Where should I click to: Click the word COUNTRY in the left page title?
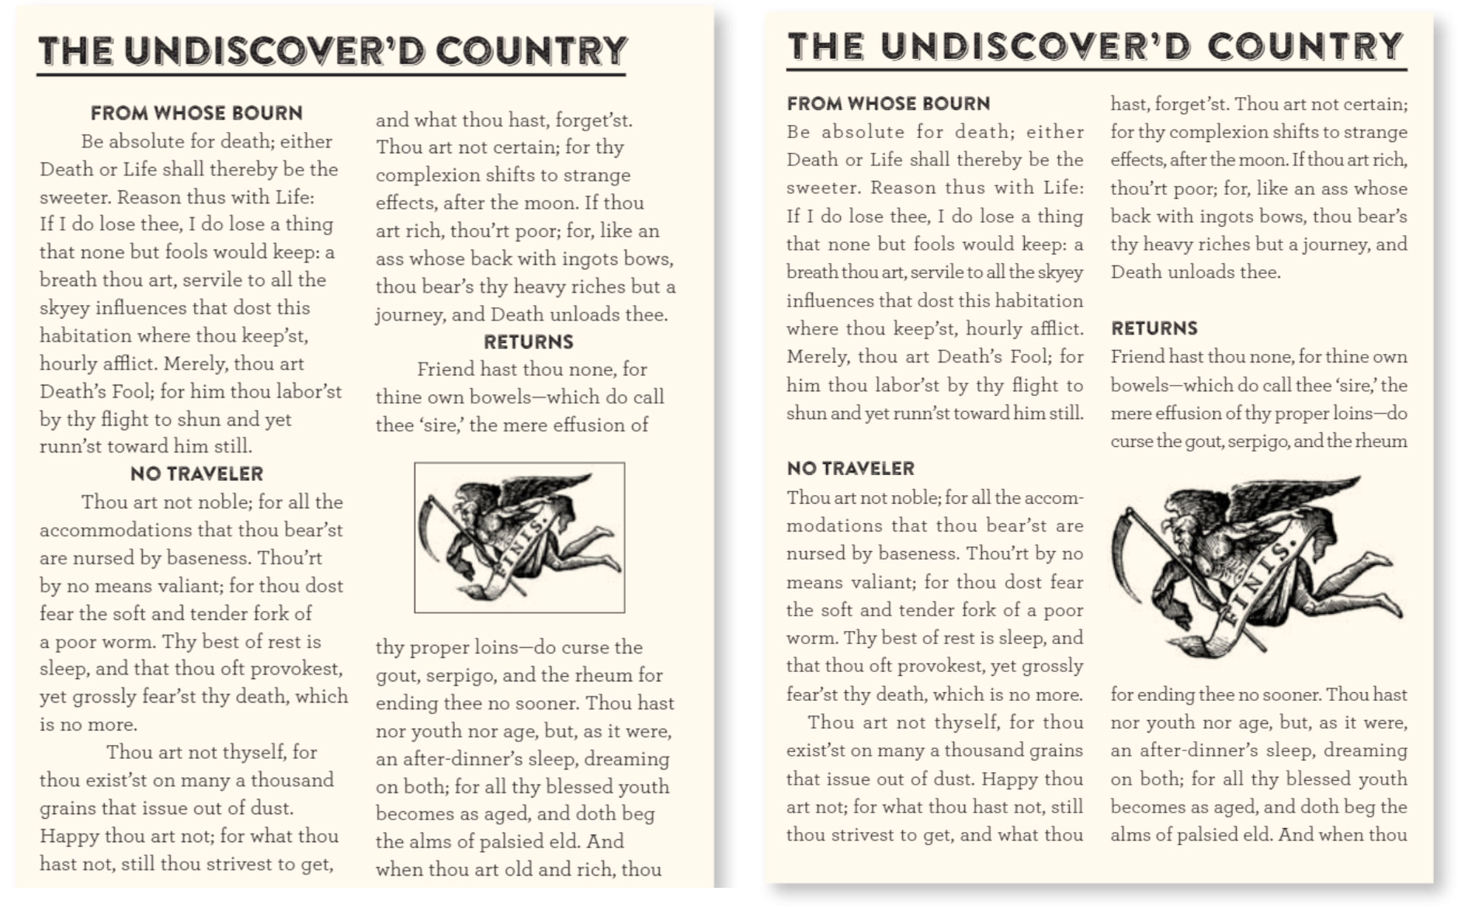point(531,51)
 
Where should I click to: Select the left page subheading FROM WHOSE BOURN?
point(196,113)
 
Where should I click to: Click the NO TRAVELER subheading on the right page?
point(850,469)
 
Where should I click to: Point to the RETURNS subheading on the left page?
point(528,342)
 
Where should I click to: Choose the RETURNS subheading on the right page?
point(1154,328)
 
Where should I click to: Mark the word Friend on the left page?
point(444,369)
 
